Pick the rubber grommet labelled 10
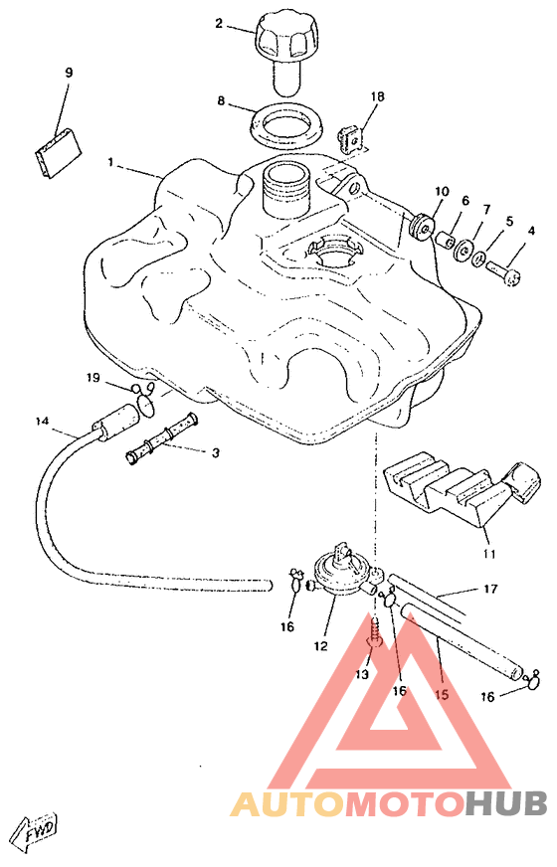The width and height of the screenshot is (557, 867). pyautogui.click(x=422, y=227)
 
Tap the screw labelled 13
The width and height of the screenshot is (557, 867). pyautogui.click(x=373, y=633)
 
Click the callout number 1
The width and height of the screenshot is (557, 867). pyautogui.click(x=111, y=163)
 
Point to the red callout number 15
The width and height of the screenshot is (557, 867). pyautogui.click(x=441, y=694)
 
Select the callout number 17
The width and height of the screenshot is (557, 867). pyautogui.click(x=490, y=590)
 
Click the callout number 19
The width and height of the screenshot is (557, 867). pyautogui.click(x=93, y=378)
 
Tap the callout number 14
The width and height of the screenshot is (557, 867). pyautogui.click(x=42, y=422)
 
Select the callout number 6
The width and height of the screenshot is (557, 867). pyautogui.click(x=465, y=201)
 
